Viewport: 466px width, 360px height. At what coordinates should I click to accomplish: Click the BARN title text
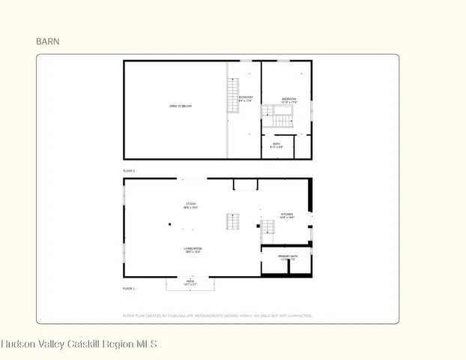[x=48, y=42]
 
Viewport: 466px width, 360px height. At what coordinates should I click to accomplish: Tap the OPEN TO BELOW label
[x=180, y=106]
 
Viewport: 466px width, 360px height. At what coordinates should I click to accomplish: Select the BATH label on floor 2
[x=276, y=145]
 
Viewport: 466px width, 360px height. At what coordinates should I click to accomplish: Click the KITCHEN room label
[x=287, y=215]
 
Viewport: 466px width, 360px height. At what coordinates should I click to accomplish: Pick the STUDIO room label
[x=192, y=205]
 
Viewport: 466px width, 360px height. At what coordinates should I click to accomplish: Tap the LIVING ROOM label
[x=193, y=250]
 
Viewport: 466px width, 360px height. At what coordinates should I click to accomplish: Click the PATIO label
[x=190, y=283]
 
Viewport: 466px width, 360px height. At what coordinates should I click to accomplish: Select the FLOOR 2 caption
[x=129, y=171]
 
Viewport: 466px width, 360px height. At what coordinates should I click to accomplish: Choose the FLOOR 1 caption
[x=129, y=288]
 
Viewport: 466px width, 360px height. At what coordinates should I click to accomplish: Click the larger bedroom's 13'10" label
[x=289, y=101]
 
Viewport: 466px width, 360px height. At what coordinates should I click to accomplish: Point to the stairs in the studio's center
[x=232, y=222]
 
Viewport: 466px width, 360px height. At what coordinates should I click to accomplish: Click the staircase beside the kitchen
[x=266, y=228]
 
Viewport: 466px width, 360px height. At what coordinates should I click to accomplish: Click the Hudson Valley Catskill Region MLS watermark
[x=79, y=344]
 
